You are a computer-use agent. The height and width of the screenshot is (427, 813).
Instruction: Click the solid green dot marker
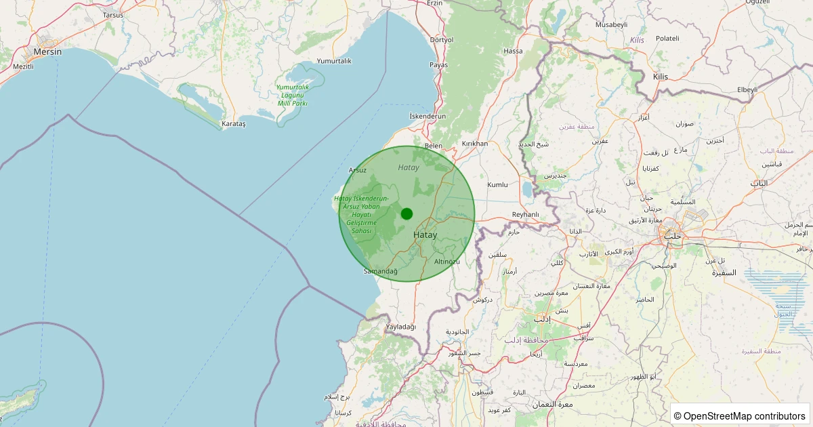pyautogui.click(x=406, y=213)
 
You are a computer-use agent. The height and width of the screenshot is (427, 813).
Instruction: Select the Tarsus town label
pyautogui.click(x=113, y=14)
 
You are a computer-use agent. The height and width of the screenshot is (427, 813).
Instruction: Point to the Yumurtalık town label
pyautogui.click(x=334, y=61)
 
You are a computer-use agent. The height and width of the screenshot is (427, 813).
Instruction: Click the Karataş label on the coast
pyautogui.click(x=234, y=124)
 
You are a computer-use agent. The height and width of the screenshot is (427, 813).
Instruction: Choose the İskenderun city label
pyautogui.click(x=428, y=117)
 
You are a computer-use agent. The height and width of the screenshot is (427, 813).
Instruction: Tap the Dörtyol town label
pyautogui.click(x=441, y=40)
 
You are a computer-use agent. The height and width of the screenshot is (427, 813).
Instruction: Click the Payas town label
pyautogui.click(x=438, y=65)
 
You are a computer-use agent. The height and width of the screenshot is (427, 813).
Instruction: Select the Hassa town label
pyautogui.click(x=514, y=51)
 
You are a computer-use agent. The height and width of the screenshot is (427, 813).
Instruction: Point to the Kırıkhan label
pyautogui.click(x=474, y=144)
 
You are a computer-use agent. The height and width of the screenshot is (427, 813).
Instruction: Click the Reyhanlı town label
pyautogui.click(x=525, y=215)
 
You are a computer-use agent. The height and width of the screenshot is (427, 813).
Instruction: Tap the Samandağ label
pyautogui.click(x=381, y=271)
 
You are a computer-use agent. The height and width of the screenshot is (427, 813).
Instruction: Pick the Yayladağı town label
pyautogui.click(x=400, y=327)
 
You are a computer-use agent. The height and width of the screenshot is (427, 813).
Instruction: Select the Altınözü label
pyautogui.click(x=447, y=262)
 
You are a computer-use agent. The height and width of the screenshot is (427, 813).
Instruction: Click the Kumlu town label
pyautogui.click(x=497, y=184)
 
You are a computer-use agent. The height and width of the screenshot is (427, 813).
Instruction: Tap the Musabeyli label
pyautogui.click(x=611, y=24)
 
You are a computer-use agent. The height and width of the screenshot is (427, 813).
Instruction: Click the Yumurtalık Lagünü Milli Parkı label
pyautogui.click(x=292, y=95)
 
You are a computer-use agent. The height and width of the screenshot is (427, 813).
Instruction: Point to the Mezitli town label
pyautogui.click(x=23, y=66)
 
